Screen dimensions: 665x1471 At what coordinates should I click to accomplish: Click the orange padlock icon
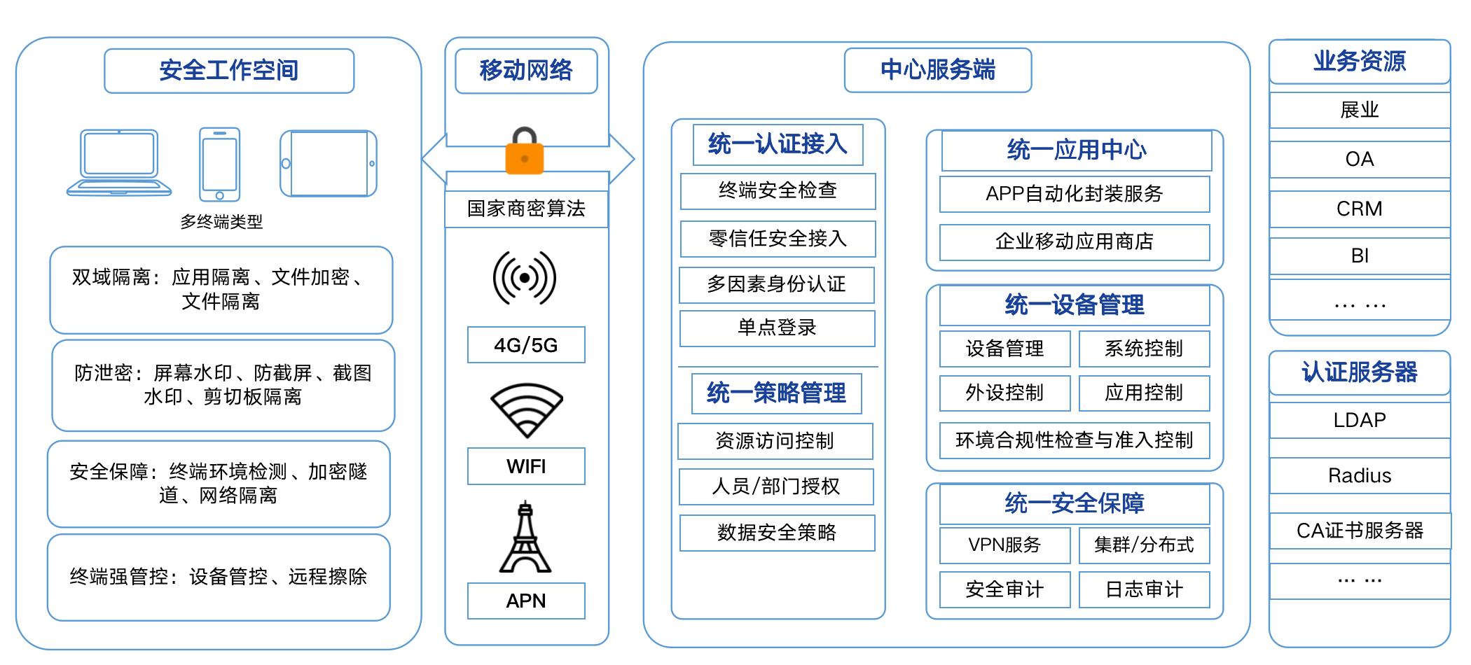click(x=525, y=150)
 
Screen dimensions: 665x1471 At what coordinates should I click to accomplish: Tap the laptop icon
click(x=119, y=162)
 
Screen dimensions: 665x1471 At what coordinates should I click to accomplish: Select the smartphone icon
click(x=219, y=164)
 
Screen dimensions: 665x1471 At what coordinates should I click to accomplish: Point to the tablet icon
click(x=328, y=164)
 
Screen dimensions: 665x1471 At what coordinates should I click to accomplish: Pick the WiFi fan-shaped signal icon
click(x=526, y=410)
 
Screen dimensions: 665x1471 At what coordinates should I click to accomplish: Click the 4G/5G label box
click(x=526, y=345)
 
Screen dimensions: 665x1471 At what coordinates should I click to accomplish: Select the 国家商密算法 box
click(x=526, y=209)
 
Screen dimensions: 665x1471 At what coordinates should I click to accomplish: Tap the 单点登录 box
click(x=777, y=328)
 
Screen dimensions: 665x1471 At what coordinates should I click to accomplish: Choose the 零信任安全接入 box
click(x=778, y=239)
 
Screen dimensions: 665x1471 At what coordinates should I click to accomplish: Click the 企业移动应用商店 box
click(x=1074, y=241)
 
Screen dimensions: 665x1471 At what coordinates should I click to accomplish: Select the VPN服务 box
click(x=1004, y=545)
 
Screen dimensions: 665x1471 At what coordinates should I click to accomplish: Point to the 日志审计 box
click(x=1144, y=589)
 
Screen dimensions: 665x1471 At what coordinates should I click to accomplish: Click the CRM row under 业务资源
click(x=1359, y=209)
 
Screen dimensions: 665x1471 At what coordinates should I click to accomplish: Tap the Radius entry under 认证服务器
click(x=1359, y=476)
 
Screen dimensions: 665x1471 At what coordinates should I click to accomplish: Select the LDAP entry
click(x=1359, y=420)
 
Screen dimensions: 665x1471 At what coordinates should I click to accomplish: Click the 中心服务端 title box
click(x=937, y=70)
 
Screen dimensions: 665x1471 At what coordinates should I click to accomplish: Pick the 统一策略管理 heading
click(x=776, y=393)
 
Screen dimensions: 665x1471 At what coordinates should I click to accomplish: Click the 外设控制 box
click(x=1004, y=393)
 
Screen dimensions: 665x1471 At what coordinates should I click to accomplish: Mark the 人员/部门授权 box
click(x=776, y=486)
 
